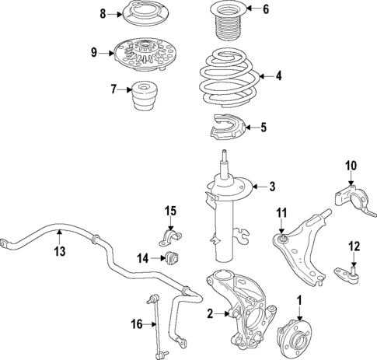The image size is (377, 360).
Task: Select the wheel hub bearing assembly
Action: click(298, 330)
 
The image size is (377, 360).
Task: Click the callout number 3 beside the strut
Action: click(272, 186)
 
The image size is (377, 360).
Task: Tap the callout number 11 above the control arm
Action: click(281, 211)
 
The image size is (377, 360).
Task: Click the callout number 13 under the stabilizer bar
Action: click(59, 251)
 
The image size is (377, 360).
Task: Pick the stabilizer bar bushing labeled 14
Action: click(171, 257)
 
